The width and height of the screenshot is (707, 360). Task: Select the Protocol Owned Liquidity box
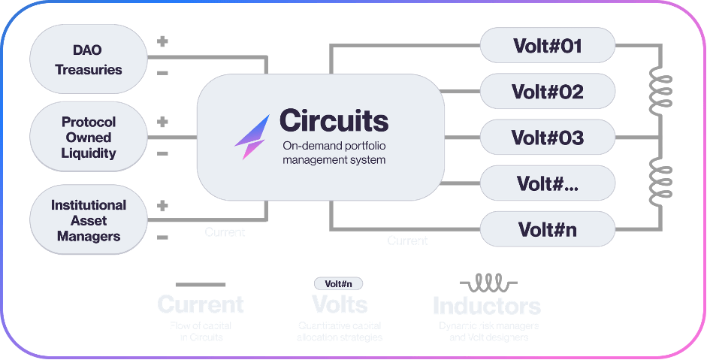pos(88,138)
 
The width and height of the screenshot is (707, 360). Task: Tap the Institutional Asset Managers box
pos(88,220)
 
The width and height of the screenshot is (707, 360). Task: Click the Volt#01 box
pos(547,47)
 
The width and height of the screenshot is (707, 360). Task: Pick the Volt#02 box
pos(547,92)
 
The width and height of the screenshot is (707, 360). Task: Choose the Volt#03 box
pos(547,138)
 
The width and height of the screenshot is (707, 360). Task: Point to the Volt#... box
pos(547,183)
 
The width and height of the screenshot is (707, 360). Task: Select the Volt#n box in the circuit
pos(547,228)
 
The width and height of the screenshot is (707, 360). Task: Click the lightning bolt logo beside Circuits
pos(252,136)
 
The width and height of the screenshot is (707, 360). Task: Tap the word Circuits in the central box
pos(334,120)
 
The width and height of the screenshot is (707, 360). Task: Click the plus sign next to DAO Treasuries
pos(162,41)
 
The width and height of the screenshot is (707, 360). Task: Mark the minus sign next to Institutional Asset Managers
pos(162,237)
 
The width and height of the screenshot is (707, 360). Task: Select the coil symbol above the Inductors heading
pos(486,283)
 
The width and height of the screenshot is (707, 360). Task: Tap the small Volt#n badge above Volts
pos(338,284)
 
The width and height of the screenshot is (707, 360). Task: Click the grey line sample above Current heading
pos(200,285)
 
